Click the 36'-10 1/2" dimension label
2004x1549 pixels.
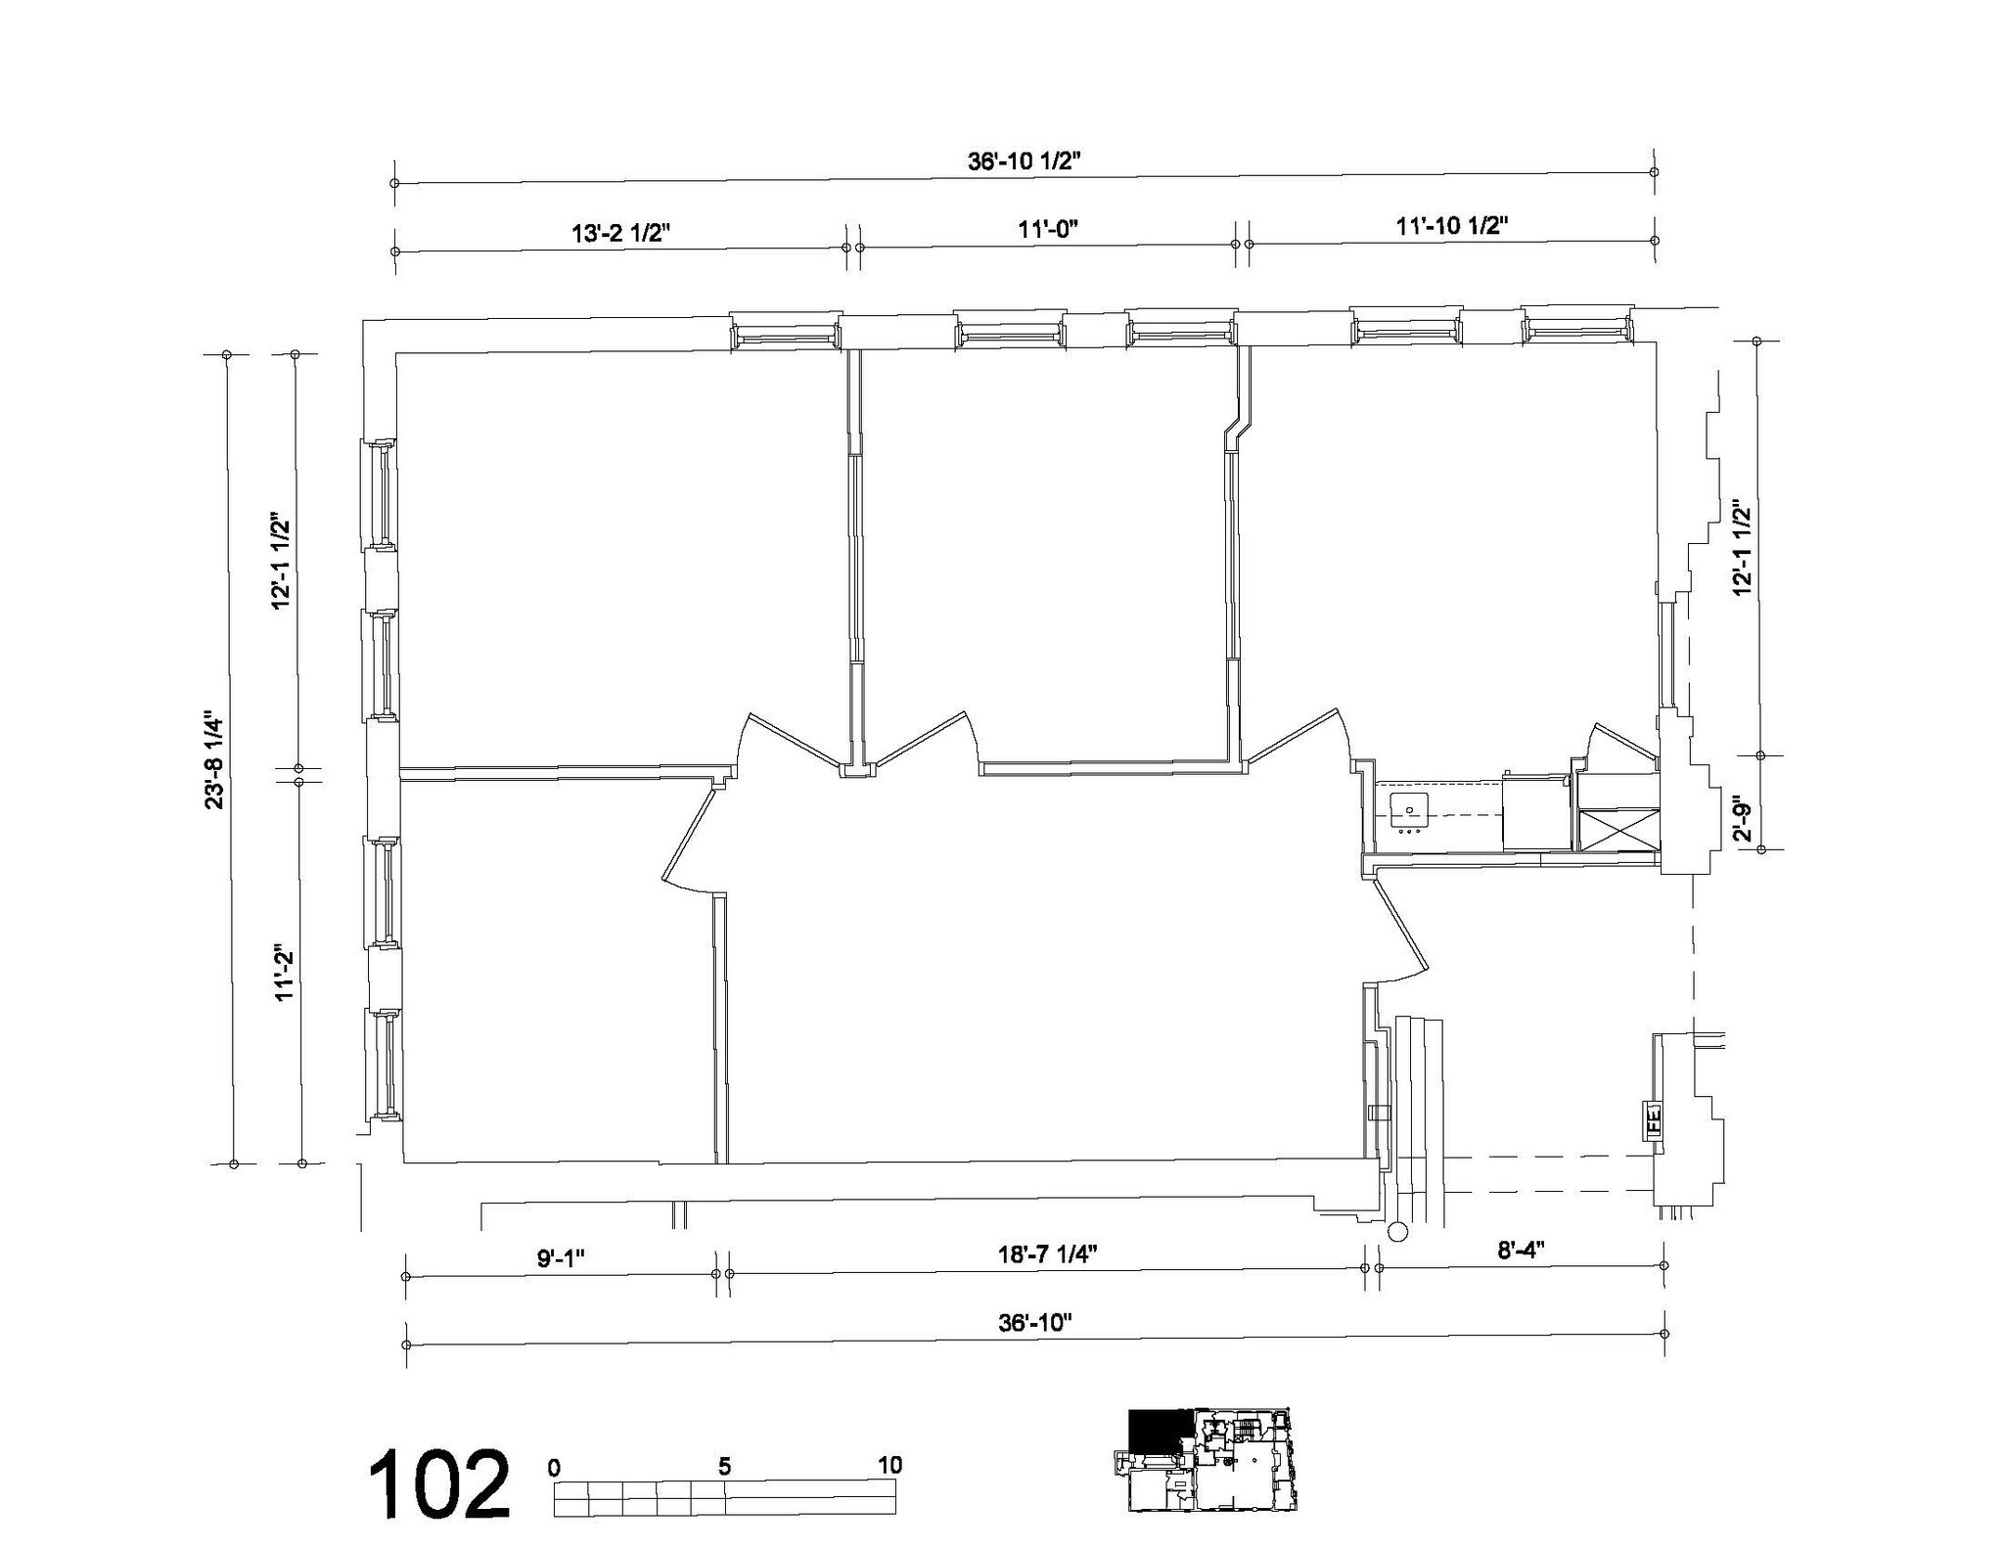click(1023, 162)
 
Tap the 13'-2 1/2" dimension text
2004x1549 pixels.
click(620, 233)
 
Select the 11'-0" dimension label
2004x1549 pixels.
click(1047, 230)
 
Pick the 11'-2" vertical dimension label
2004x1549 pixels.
click(285, 974)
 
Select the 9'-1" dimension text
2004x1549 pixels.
click(560, 1258)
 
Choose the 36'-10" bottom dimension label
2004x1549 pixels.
click(1035, 1323)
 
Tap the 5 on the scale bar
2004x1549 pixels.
click(724, 1467)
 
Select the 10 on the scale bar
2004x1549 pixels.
click(890, 1465)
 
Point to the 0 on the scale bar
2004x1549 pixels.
click(555, 1468)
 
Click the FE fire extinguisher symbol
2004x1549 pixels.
click(1654, 1119)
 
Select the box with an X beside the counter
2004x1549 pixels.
click(1618, 830)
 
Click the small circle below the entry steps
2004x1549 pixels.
click(1396, 1231)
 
